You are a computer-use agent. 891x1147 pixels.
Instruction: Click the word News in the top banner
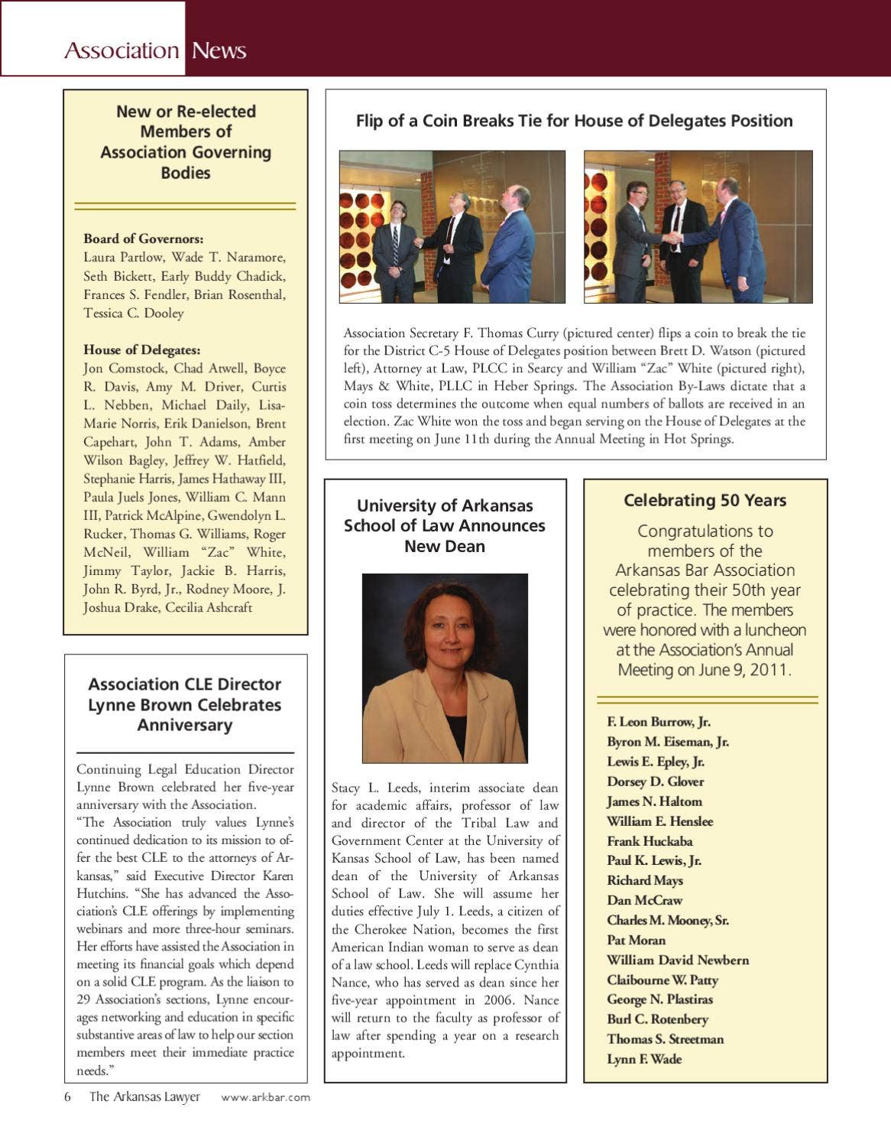coord(219,50)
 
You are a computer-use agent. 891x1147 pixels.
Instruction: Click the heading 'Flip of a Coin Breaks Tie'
coord(574,121)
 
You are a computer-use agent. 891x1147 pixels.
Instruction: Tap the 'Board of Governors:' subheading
coord(144,239)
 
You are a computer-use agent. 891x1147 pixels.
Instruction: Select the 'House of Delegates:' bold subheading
coord(142,349)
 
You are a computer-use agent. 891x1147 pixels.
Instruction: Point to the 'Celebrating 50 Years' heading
coord(705,500)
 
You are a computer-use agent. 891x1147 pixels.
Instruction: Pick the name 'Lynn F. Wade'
coord(644,1059)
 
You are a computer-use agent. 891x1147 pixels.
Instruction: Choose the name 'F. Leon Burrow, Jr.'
coord(659,722)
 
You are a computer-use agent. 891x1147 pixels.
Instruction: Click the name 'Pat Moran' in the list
coord(636,940)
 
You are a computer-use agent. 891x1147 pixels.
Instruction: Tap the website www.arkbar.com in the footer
coord(266,1097)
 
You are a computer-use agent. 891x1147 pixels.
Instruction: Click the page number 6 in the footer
coord(68,1097)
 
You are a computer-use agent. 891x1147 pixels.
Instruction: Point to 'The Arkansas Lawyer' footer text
coord(144,1097)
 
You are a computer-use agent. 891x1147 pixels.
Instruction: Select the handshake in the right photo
coord(672,239)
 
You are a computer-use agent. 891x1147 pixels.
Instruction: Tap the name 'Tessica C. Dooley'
coord(134,313)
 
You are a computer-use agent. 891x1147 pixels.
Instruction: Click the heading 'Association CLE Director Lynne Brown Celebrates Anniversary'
coord(185,704)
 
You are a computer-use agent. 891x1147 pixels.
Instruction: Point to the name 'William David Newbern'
coord(678,960)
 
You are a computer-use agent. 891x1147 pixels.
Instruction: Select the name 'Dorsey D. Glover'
coord(655,781)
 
